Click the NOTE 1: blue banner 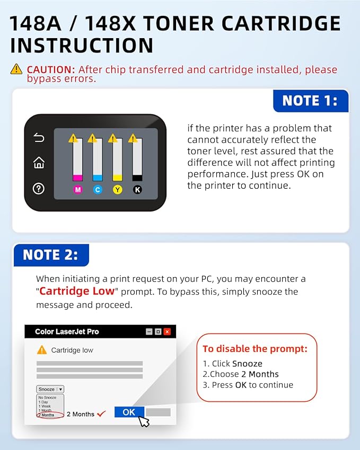pos(310,101)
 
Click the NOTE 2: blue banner pos(50,255)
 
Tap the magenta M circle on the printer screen pos(78,189)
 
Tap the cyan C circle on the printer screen pos(98,189)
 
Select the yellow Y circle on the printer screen pos(118,189)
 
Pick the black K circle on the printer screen pos(137,189)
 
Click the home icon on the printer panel pos(39,163)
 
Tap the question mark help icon pos(39,188)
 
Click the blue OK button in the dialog pos(129,412)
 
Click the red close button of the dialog pos(167,332)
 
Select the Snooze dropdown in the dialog pos(50,389)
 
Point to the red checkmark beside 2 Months pos(102,413)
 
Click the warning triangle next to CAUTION pos(16,69)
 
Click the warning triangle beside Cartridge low pos(42,350)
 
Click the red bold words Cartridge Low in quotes pos(77,291)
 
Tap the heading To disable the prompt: pos(255,349)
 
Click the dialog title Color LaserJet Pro pos(67,332)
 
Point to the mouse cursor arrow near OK pos(144,421)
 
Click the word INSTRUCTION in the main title pos(82,45)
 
